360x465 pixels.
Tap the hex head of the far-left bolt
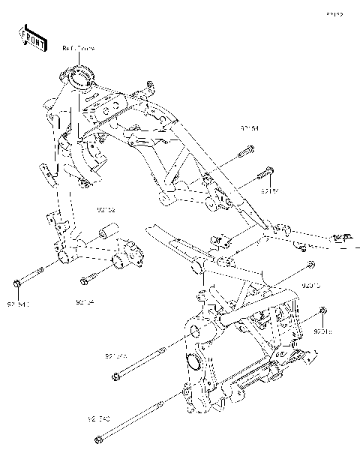click(16, 283)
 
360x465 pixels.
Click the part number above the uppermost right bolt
click(250, 128)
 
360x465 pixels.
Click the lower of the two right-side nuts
click(322, 310)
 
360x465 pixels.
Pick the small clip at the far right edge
click(343, 238)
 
